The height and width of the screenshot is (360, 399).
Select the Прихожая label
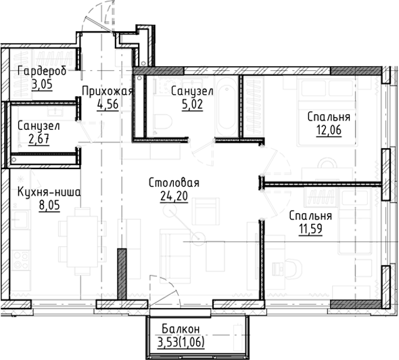point(107,91)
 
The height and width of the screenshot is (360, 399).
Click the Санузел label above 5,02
point(192,91)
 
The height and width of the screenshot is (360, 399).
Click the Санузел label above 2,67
point(39,127)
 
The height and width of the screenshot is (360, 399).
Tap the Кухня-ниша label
point(49,192)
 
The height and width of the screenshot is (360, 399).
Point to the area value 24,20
point(173,196)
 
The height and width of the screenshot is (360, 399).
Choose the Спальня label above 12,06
point(328,117)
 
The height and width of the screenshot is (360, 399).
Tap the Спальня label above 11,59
point(310,216)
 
